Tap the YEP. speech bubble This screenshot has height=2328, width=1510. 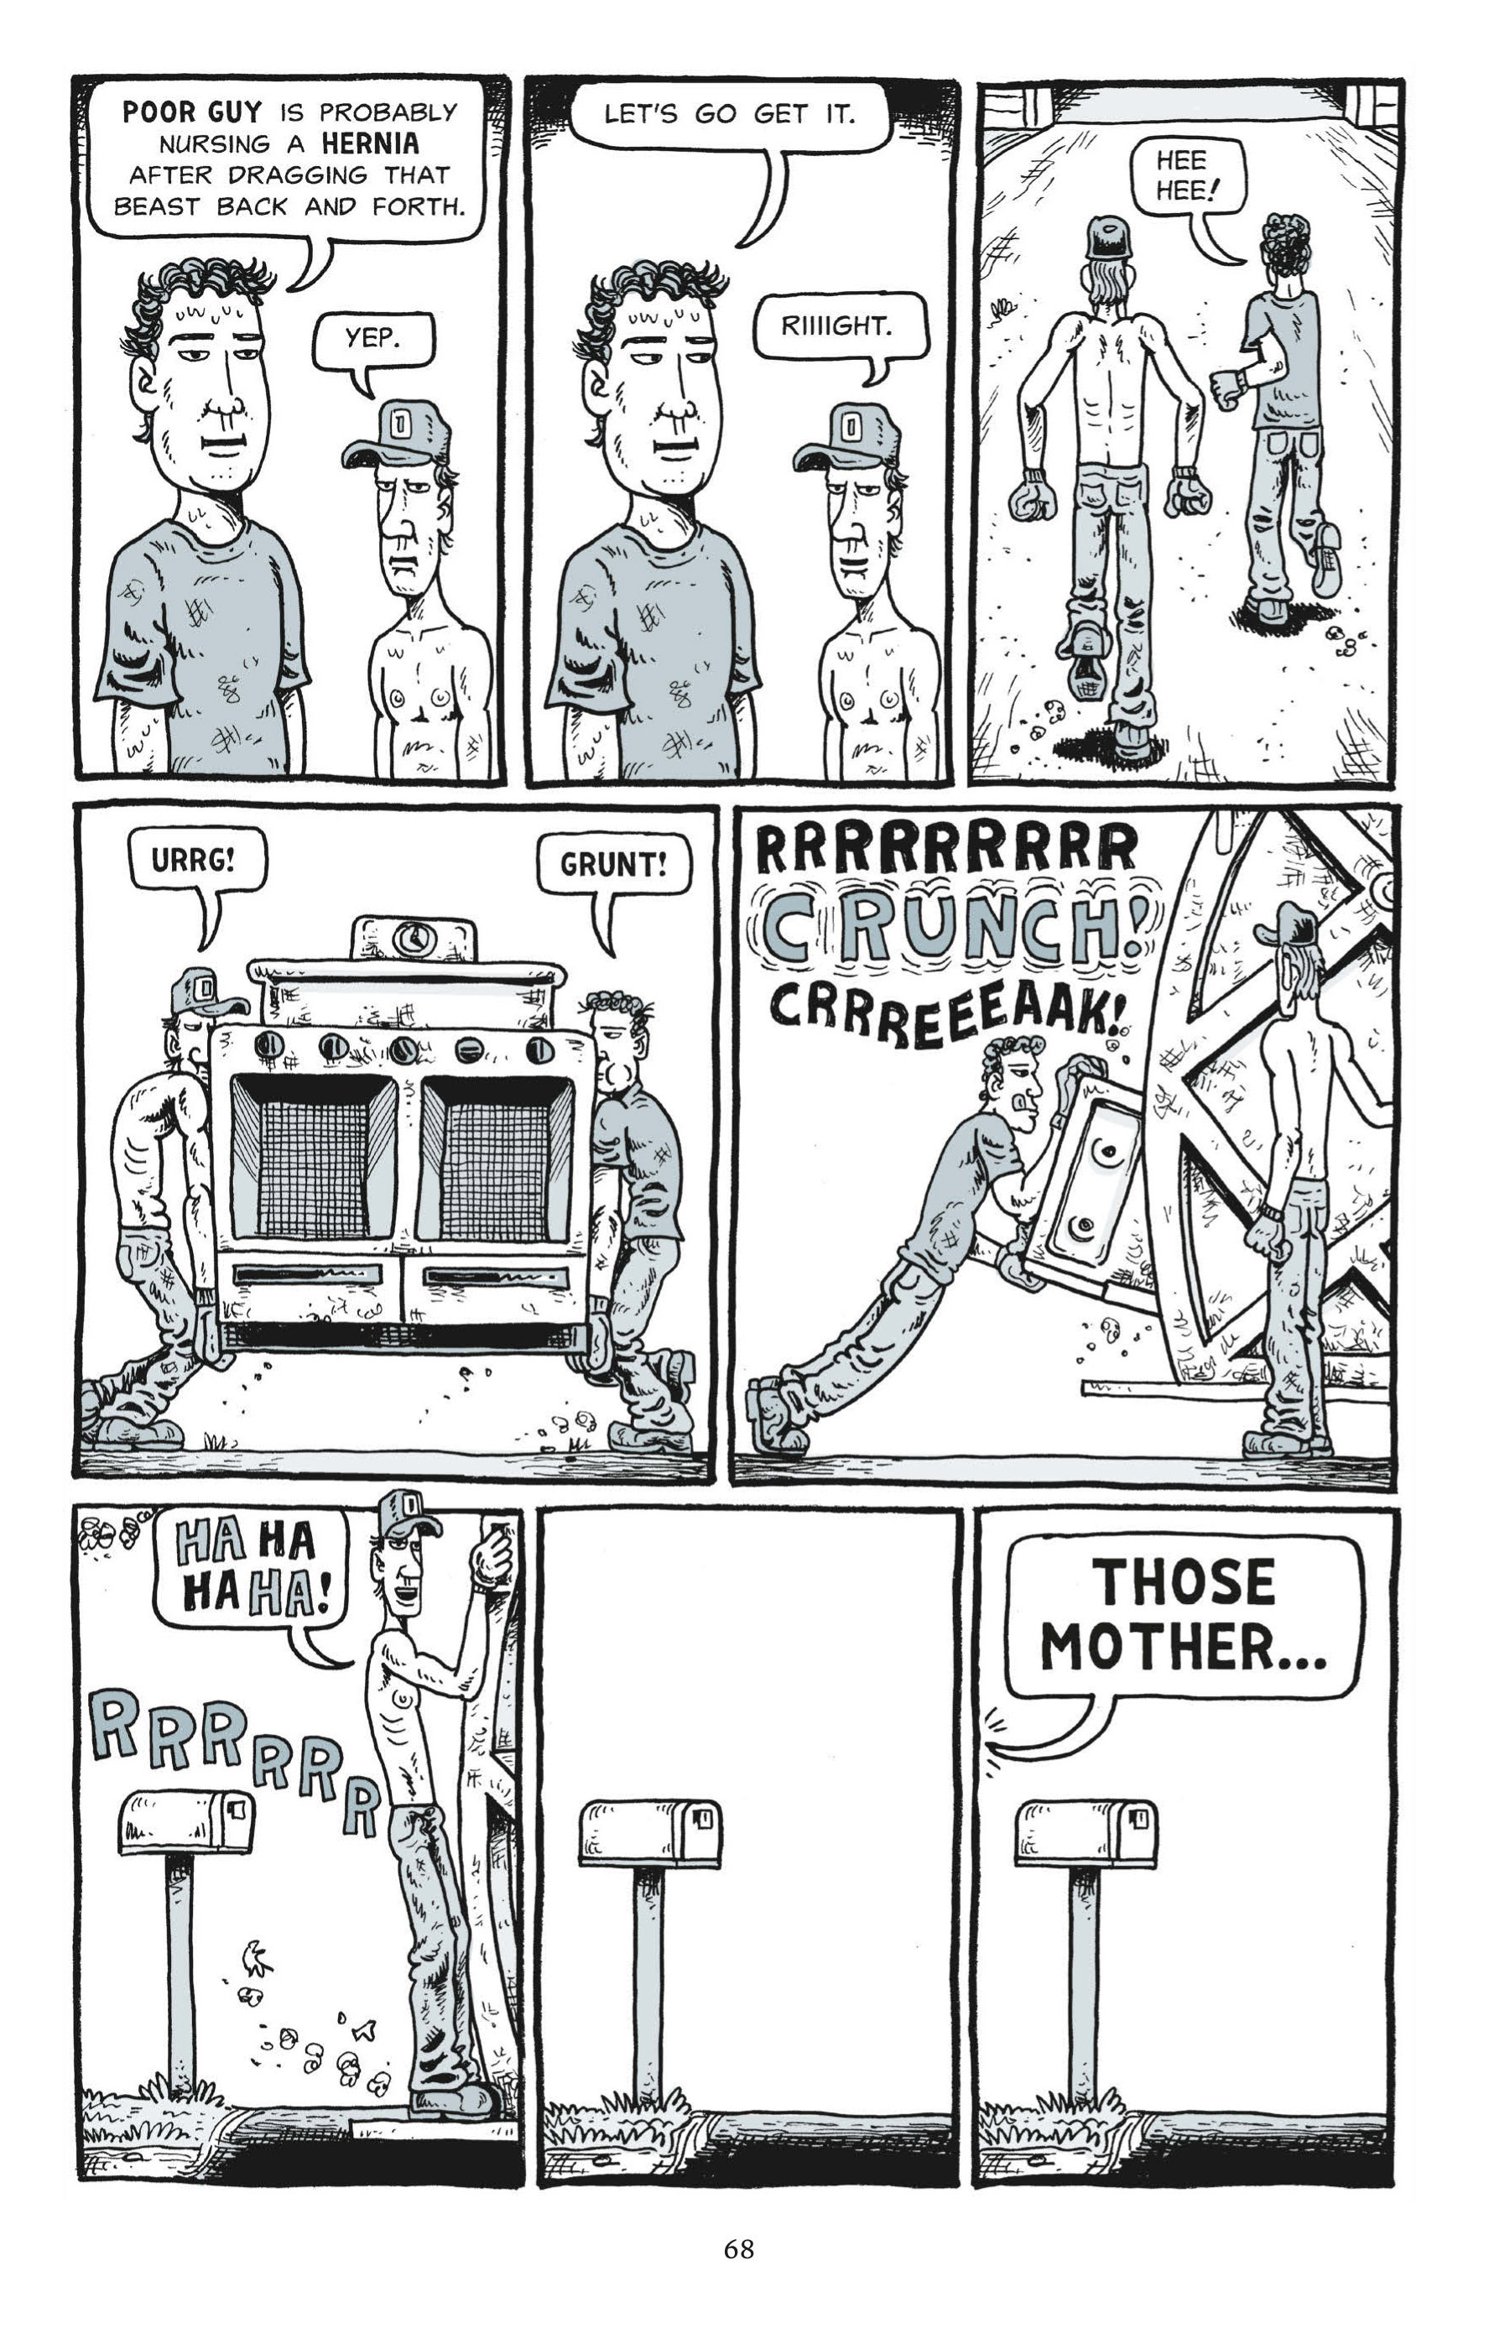[372, 340]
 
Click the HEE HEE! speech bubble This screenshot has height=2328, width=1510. [1185, 175]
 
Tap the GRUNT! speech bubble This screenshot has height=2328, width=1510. [612, 864]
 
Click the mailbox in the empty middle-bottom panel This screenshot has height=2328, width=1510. [650, 1834]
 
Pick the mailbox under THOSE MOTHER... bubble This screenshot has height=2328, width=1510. [1086, 1834]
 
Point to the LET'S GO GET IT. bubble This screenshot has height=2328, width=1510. [729, 114]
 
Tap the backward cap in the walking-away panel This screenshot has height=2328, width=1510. [1108, 237]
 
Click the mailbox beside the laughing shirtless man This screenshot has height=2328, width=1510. [186, 1822]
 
